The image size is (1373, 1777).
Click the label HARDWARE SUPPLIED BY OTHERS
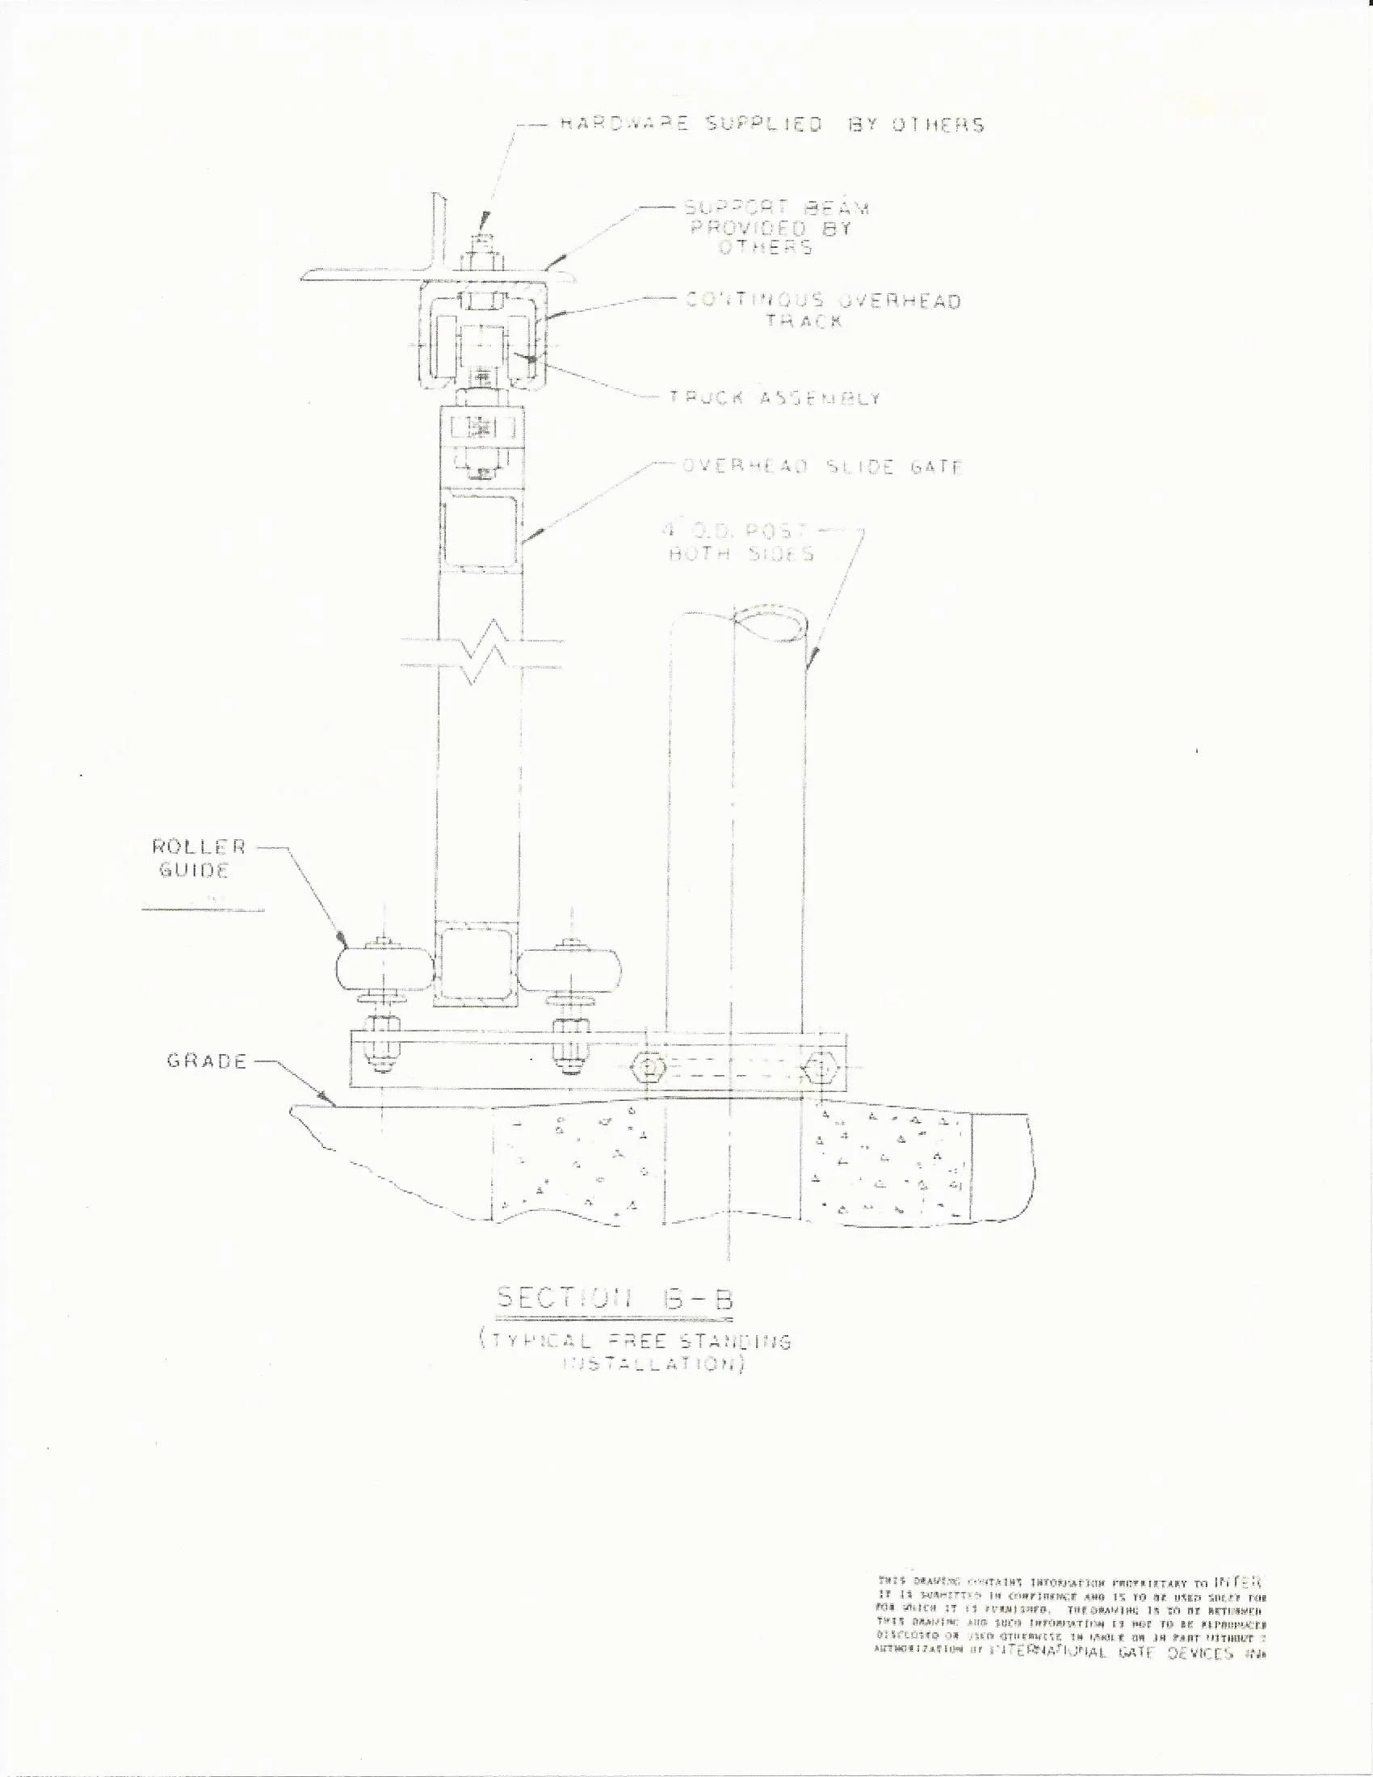[771, 124]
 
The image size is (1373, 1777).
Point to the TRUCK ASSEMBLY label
[775, 398]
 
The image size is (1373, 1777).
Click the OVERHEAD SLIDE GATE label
[821, 467]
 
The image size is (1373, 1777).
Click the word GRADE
[206, 1061]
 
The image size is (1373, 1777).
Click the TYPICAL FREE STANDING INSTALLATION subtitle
[635, 1352]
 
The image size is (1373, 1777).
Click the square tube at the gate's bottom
[477, 968]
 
